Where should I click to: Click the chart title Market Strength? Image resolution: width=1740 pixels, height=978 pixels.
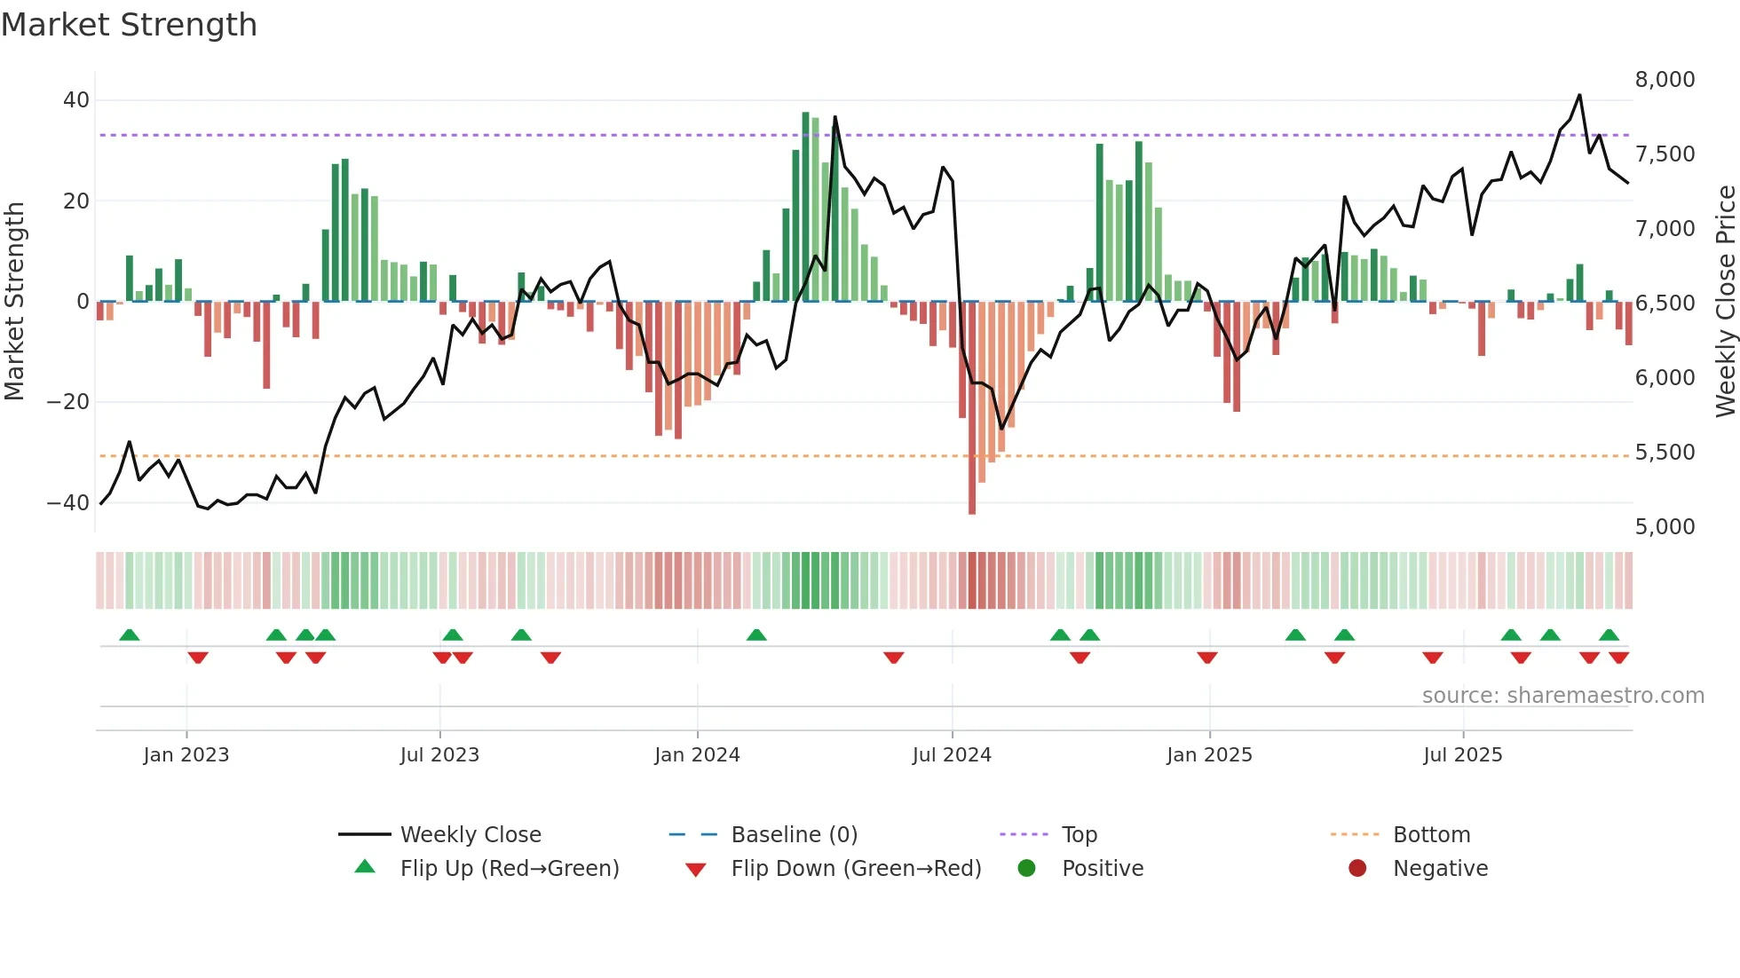[129, 25]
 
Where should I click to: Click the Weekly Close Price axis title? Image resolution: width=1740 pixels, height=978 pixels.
[1725, 302]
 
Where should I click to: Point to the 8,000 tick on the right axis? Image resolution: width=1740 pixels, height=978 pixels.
[1665, 80]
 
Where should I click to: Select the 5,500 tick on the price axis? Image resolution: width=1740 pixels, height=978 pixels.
[1665, 453]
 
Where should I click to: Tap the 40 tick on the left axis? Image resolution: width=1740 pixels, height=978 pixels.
[76, 100]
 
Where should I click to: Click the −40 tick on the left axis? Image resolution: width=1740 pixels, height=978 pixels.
[68, 503]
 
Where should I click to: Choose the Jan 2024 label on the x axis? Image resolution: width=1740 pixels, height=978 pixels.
[697, 755]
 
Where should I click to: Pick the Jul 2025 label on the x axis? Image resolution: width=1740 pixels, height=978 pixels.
[1462, 755]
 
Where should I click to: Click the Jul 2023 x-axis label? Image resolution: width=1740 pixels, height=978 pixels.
[439, 755]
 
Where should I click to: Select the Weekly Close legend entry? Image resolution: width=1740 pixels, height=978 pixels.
[470, 835]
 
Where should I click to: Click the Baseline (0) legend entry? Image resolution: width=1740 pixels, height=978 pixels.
[794, 835]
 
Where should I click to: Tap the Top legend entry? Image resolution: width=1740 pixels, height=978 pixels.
[1079, 835]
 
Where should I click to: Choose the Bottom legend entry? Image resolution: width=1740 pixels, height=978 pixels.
[1431, 835]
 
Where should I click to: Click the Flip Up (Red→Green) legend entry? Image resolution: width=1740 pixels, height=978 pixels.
[509, 869]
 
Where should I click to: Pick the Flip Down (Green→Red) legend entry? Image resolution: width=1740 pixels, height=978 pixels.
[856, 869]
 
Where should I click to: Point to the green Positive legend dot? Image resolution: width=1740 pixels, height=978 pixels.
[1027, 869]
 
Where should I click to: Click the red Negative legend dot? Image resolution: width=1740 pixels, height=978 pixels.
[1357, 869]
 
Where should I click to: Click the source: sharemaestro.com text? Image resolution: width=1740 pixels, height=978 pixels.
[1562, 696]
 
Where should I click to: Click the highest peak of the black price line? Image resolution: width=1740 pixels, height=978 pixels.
[1579, 95]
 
